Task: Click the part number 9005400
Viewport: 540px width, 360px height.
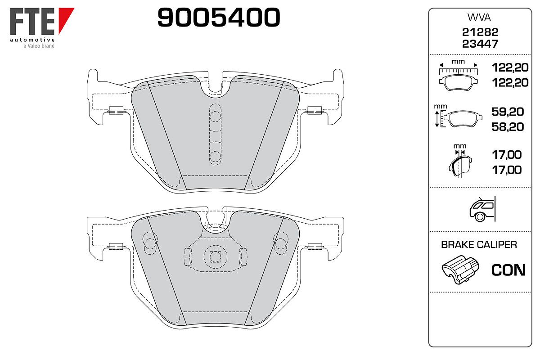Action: coord(219,17)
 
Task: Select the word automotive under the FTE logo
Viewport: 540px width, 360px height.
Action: coord(32,40)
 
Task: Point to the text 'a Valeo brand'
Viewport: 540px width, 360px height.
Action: coord(39,45)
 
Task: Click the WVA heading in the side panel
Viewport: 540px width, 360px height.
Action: coord(479,18)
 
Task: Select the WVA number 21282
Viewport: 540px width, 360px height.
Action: coord(480,32)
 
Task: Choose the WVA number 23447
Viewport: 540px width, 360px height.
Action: coord(480,44)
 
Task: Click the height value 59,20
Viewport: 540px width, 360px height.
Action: coord(508,112)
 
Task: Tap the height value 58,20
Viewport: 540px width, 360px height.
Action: coord(508,127)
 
